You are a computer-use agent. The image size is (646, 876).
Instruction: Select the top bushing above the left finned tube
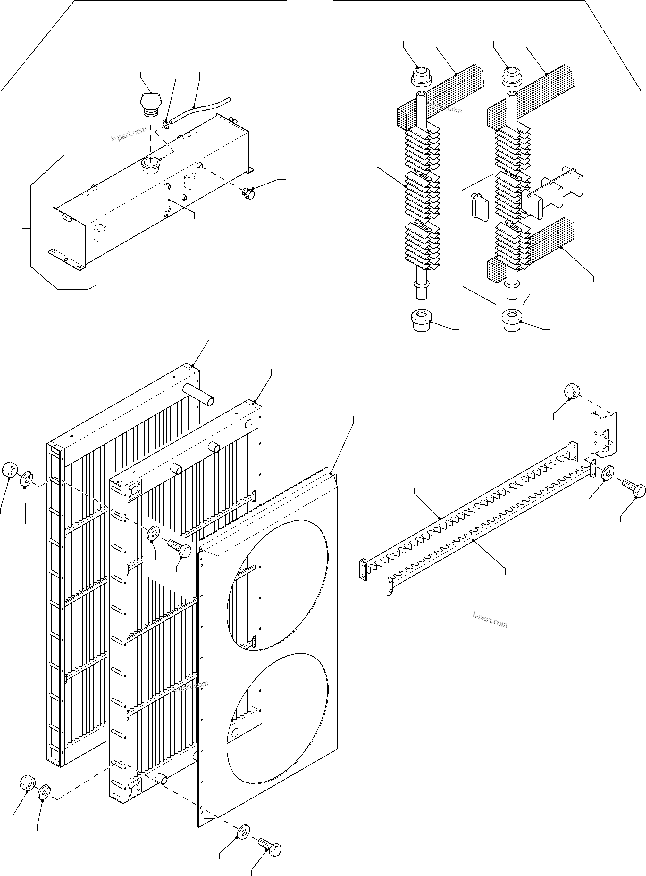click(421, 76)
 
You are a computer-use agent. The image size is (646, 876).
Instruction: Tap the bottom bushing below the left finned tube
click(422, 320)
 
